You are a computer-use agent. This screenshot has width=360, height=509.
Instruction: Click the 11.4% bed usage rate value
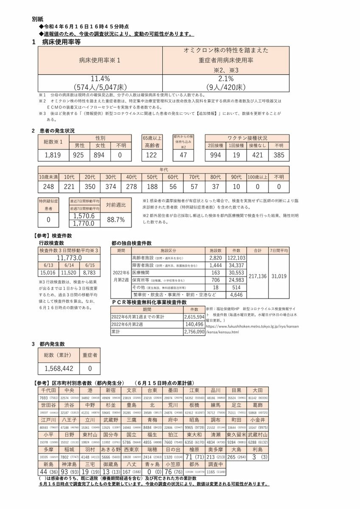100,79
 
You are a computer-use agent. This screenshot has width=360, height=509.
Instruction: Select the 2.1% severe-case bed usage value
227,79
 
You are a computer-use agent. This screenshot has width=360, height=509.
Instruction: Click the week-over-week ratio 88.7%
115,220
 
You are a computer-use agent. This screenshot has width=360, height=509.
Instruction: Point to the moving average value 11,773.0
70,258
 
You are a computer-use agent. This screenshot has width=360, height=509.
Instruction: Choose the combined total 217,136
258,276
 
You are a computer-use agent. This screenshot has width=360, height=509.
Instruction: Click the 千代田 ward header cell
49,390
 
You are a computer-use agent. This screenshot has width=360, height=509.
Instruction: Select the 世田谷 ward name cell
49,406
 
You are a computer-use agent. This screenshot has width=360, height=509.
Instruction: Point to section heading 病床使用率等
61,42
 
